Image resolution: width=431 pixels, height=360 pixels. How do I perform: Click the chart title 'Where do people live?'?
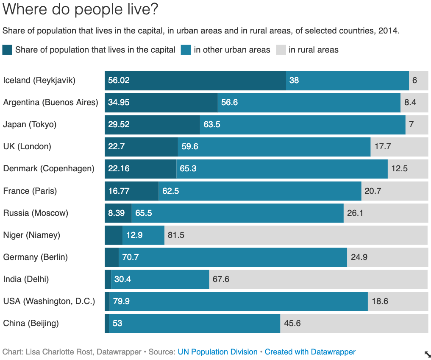click(80, 9)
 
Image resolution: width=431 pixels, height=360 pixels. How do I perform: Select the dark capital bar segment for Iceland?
click(195, 81)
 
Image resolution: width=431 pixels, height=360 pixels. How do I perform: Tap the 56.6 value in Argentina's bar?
click(229, 103)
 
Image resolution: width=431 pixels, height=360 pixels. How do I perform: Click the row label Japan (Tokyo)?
click(30, 125)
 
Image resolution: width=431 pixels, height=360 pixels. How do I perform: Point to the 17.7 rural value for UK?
click(383, 147)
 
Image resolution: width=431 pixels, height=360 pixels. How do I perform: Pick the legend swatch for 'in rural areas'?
click(281, 50)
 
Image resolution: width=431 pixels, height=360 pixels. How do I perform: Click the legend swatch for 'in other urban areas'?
click(186, 50)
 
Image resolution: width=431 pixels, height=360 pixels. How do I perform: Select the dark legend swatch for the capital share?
click(7, 50)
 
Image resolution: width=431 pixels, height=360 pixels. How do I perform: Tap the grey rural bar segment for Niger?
click(296, 235)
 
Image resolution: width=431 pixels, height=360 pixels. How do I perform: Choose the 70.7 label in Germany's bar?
click(130, 257)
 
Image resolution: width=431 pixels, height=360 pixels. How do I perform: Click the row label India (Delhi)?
click(26, 279)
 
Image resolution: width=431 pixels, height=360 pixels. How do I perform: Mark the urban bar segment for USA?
click(239, 301)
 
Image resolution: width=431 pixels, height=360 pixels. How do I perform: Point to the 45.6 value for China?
click(292, 323)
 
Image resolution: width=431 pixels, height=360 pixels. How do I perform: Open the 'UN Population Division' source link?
click(217, 352)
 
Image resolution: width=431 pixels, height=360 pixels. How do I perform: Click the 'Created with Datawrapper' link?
click(310, 352)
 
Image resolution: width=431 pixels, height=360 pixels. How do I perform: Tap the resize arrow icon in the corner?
click(428, 354)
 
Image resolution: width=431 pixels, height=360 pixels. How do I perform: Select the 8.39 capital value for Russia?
click(116, 213)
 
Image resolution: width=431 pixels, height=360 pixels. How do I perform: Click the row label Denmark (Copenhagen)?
click(49, 169)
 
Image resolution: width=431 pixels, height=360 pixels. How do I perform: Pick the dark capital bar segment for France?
click(132, 191)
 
